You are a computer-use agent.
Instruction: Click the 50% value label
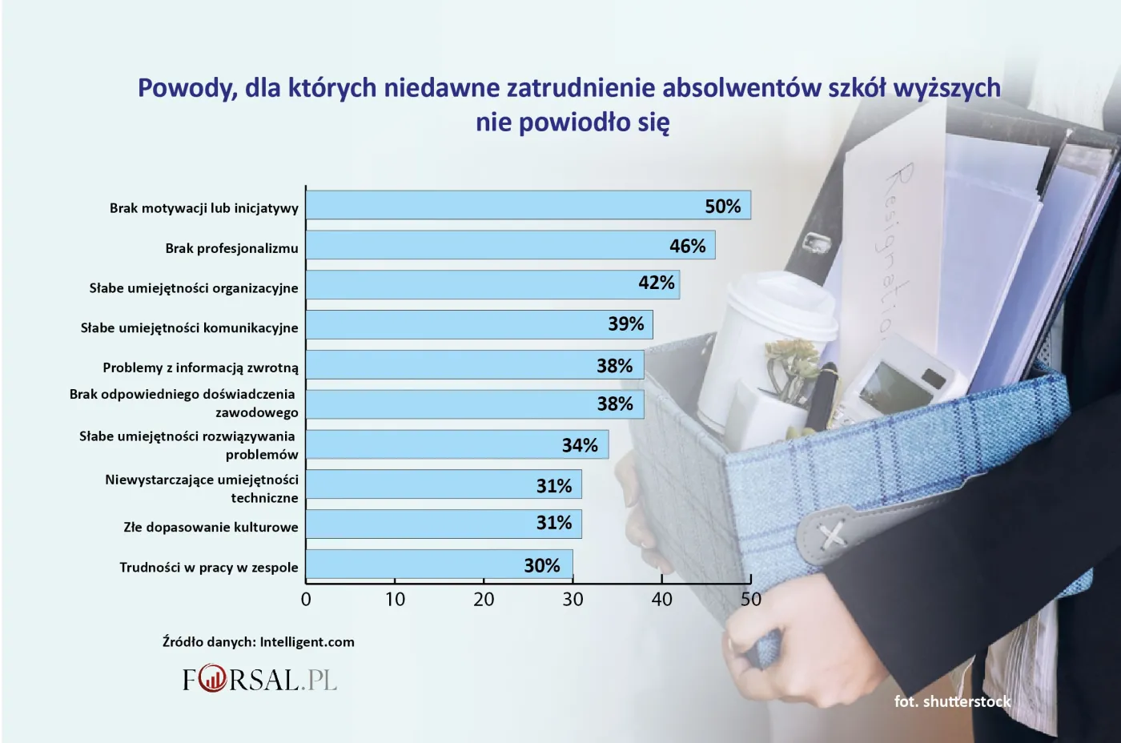point(722,207)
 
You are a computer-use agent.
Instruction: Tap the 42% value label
point(656,283)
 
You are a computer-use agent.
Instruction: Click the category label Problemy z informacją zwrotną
point(200,367)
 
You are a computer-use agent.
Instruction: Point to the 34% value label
point(580,445)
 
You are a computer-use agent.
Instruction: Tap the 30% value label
point(541,566)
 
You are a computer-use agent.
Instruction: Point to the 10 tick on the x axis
point(395,599)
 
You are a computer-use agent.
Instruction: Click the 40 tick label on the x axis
point(661,599)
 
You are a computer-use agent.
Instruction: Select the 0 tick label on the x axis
point(306,599)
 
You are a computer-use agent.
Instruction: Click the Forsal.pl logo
point(259,680)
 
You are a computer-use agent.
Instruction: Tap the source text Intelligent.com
point(307,642)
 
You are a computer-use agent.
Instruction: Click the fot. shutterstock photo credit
point(952,701)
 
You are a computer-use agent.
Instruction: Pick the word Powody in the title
point(187,87)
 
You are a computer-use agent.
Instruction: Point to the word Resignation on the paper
point(888,248)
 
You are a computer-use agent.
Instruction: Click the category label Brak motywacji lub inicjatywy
point(203,208)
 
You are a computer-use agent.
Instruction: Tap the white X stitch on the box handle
point(834,534)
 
